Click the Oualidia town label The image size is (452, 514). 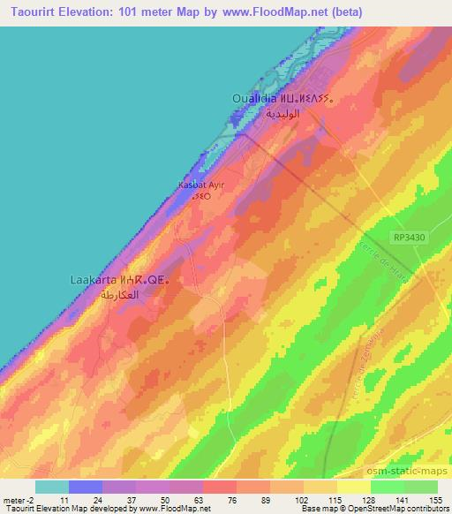coord(253,99)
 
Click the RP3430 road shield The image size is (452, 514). coord(408,237)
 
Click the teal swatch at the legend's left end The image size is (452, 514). coord(51,487)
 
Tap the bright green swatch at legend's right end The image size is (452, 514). coord(420,487)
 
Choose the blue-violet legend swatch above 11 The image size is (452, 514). coord(86,487)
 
